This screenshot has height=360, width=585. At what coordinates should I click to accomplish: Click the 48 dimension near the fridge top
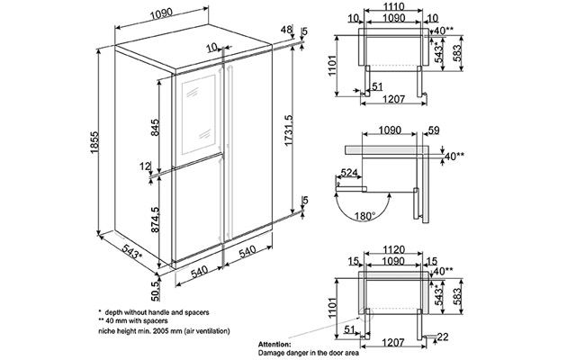tap(287, 31)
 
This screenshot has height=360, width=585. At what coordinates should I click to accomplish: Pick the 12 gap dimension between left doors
tap(145, 166)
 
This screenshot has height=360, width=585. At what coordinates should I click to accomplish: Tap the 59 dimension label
tap(432, 131)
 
